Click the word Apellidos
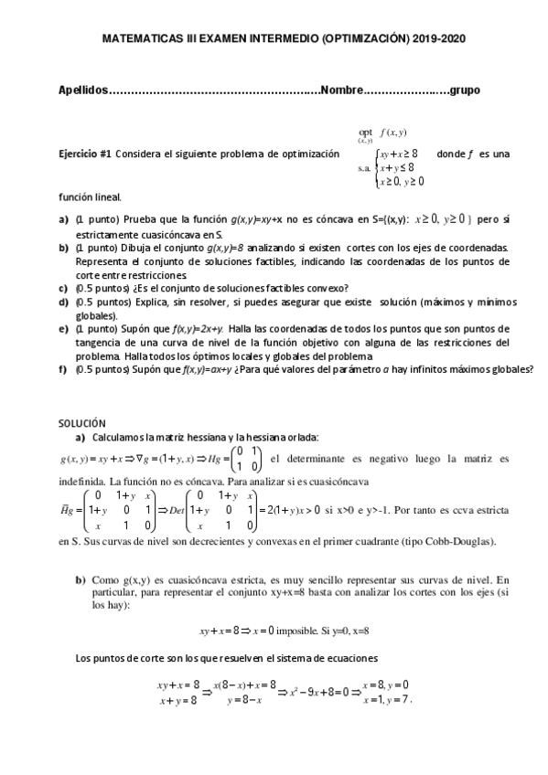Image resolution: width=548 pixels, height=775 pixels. point(82,90)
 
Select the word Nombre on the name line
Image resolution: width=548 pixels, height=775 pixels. point(341,90)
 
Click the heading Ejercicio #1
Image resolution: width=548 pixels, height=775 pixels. point(84,154)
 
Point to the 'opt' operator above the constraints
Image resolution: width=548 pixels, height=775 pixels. point(366,132)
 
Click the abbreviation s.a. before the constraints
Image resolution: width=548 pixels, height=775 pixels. point(363,168)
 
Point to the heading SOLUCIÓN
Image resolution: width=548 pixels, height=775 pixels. point(82,424)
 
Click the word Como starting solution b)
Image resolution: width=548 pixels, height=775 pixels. point(104,579)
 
